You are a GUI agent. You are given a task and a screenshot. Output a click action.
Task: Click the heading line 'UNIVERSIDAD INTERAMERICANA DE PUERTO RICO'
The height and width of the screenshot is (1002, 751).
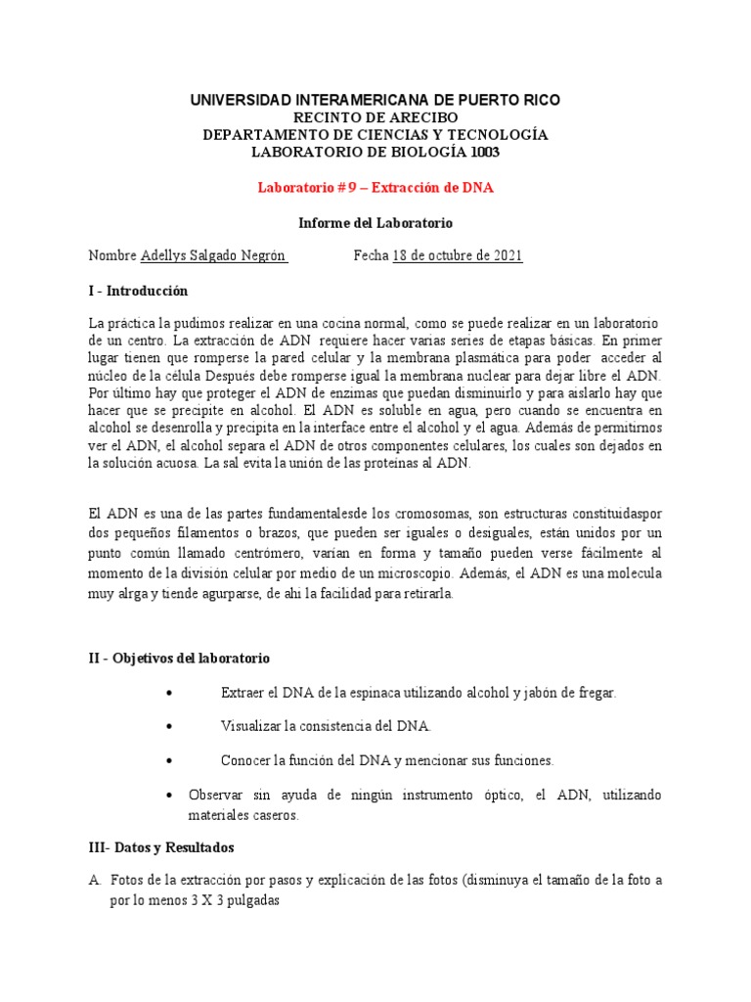(375, 101)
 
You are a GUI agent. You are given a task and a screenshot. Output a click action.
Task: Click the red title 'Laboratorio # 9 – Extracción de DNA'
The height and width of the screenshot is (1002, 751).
(375, 187)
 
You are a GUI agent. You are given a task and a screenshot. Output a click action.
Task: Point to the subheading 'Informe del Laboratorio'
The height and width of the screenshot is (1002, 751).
(375, 222)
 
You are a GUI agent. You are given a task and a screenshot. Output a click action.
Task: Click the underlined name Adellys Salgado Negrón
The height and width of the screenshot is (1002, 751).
(213, 256)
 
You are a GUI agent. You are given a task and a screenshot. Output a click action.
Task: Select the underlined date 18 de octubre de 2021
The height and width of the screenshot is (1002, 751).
(457, 256)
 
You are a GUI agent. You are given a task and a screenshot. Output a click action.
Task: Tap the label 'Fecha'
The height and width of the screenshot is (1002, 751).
(371, 256)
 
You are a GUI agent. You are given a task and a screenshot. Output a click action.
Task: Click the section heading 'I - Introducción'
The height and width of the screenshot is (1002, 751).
(138, 291)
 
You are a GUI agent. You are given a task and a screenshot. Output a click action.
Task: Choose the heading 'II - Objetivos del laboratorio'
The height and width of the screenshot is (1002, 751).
(179, 658)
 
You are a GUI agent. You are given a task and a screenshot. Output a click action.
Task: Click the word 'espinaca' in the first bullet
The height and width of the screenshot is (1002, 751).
(382, 693)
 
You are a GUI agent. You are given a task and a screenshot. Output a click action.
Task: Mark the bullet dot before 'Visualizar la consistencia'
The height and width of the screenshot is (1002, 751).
(171, 727)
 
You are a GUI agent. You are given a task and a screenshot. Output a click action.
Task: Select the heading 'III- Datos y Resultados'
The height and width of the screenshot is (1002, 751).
(161, 846)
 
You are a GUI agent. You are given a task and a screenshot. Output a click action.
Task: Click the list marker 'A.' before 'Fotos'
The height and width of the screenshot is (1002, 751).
(95, 880)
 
